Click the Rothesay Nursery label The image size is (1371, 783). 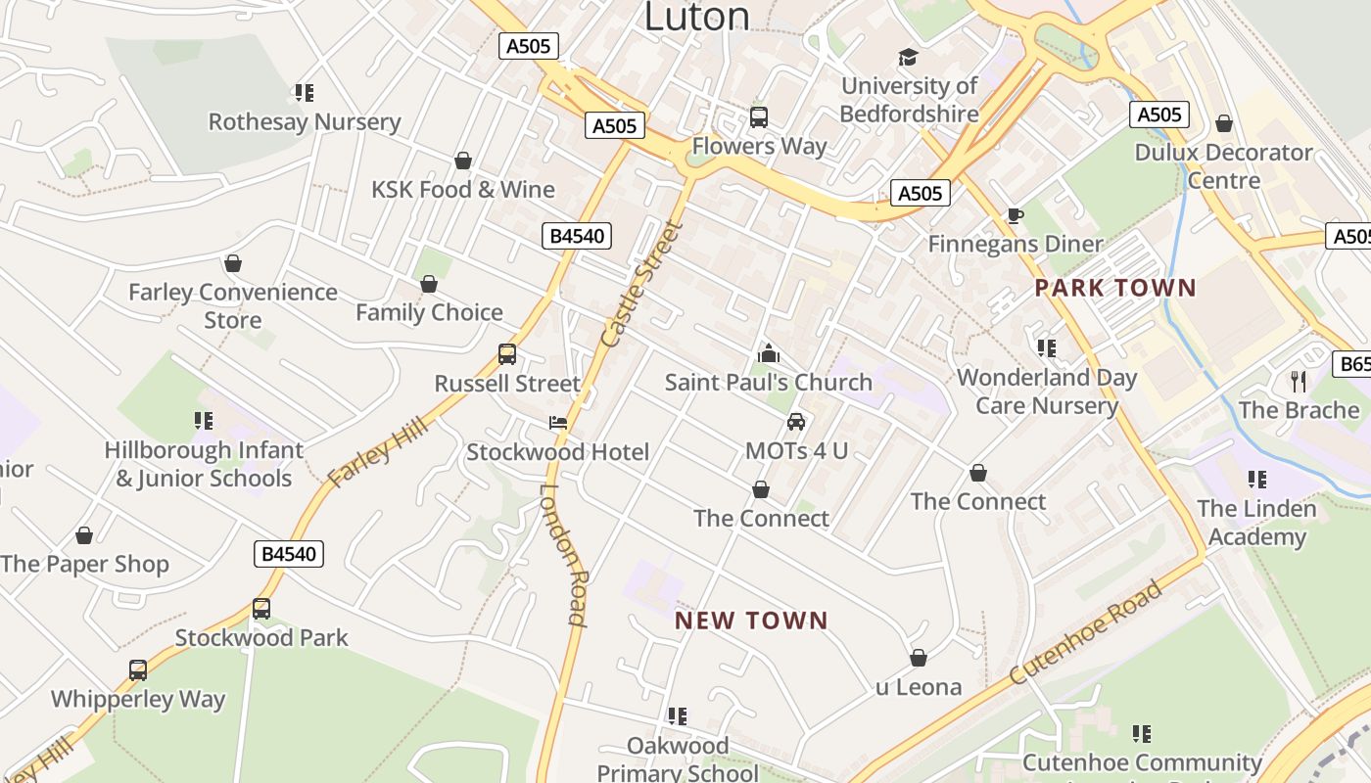(x=305, y=122)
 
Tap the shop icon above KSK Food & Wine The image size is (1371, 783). (x=463, y=161)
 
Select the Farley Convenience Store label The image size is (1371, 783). (x=233, y=305)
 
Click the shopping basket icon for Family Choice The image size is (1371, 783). (x=429, y=284)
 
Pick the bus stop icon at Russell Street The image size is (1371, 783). (x=507, y=354)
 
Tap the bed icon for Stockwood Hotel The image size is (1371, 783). (x=557, y=423)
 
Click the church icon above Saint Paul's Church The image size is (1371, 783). (x=769, y=352)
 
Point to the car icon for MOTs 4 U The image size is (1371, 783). (x=796, y=422)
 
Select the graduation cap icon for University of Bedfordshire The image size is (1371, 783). (x=909, y=57)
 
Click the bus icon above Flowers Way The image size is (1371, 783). (x=759, y=117)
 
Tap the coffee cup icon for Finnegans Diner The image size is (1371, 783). (x=1016, y=215)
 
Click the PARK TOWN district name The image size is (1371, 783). (x=1115, y=288)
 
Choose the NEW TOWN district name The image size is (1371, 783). (x=752, y=621)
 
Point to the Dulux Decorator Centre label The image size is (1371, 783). (x=1223, y=166)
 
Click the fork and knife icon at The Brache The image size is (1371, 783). (x=1299, y=381)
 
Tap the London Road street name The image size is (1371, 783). (x=563, y=554)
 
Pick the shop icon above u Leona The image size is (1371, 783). (x=919, y=658)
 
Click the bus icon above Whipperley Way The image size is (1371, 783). (x=138, y=670)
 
